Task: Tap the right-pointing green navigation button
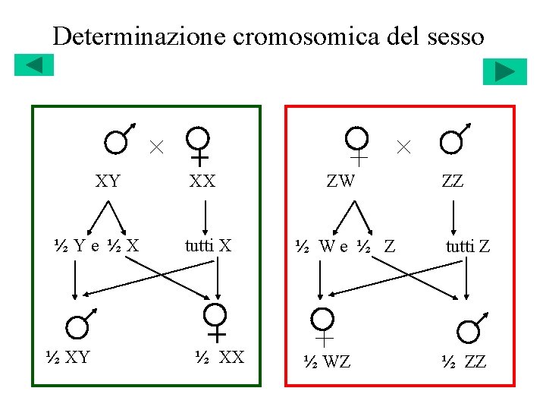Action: click(504, 71)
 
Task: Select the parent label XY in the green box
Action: click(108, 181)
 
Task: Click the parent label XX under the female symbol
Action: click(202, 181)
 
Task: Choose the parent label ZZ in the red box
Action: click(452, 181)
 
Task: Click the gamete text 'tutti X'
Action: click(208, 245)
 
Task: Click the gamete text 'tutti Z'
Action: click(467, 245)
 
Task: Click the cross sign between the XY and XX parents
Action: click(155, 146)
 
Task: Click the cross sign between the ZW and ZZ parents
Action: click(403, 146)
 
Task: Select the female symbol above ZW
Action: click(357, 144)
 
